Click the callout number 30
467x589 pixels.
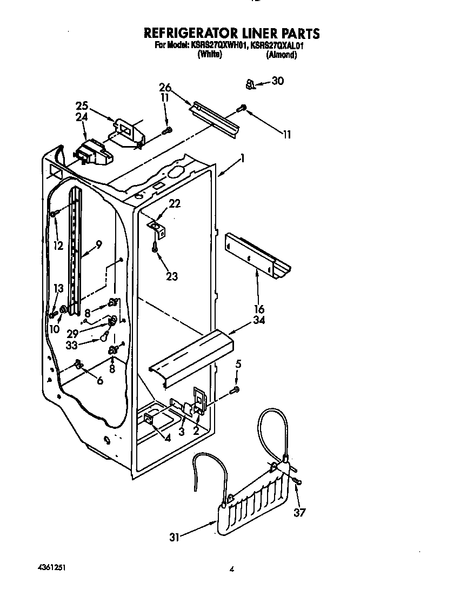click(x=277, y=81)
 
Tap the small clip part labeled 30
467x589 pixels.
click(x=250, y=84)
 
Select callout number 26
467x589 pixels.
click(x=165, y=88)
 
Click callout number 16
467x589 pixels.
click(x=259, y=309)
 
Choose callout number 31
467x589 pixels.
click(x=174, y=537)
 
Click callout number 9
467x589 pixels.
click(x=98, y=244)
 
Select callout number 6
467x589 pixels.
click(x=99, y=381)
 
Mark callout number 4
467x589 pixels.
click(x=168, y=438)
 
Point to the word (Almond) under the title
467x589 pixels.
click(x=281, y=55)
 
